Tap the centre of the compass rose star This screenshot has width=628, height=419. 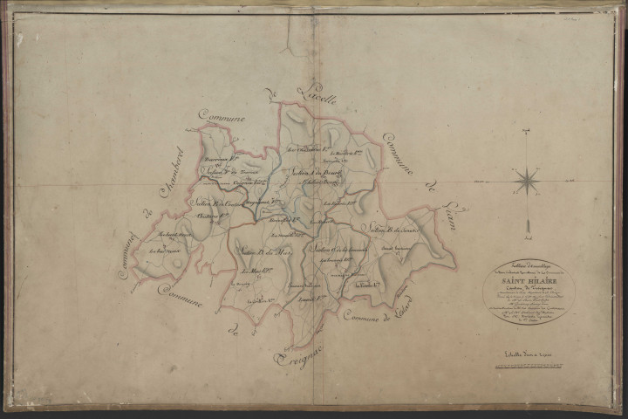point(527,181)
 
